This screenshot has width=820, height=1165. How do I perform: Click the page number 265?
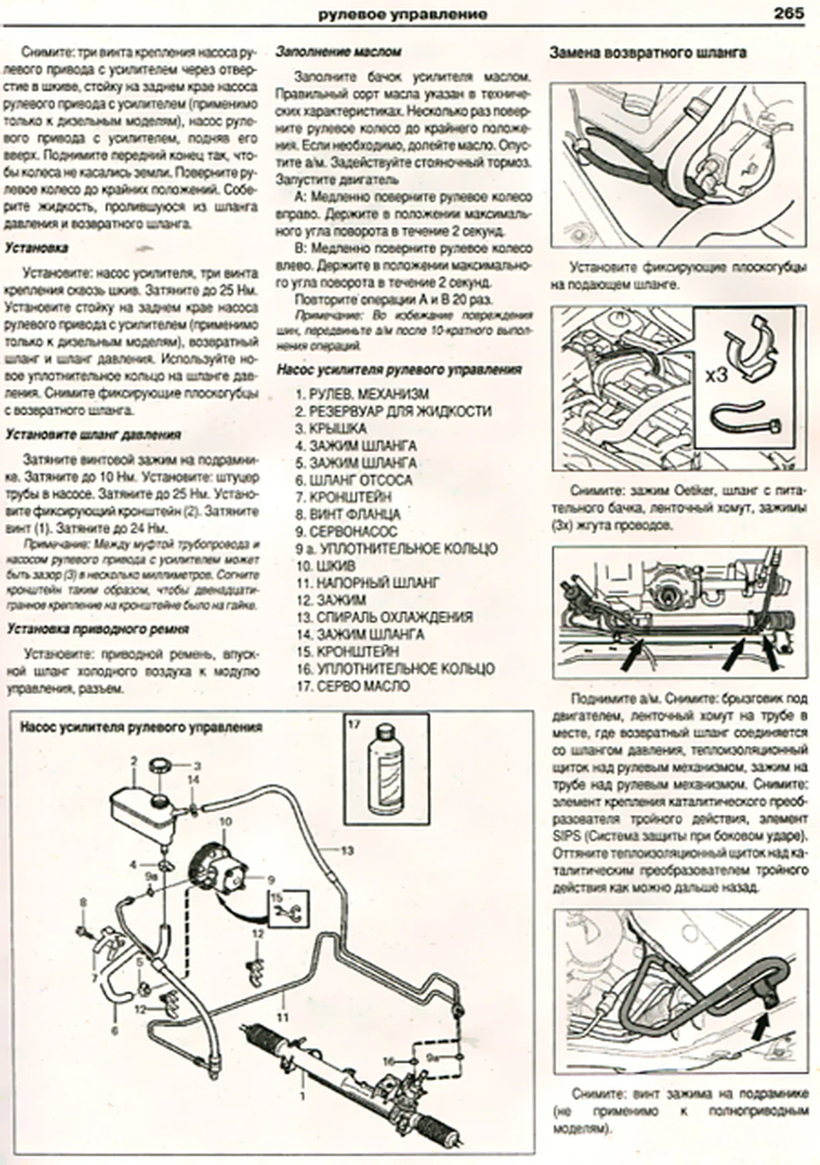(x=787, y=13)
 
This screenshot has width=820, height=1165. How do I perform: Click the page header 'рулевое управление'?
(x=402, y=14)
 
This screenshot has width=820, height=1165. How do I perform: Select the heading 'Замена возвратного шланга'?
(x=647, y=53)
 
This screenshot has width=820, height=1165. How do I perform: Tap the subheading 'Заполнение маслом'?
(x=339, y=52)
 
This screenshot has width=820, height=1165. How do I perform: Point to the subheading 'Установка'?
(x=37, y=248)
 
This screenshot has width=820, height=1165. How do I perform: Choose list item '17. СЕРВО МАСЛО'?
(x=353, y=686)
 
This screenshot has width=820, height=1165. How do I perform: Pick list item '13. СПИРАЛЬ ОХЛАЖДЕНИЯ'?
(x=384, y=617)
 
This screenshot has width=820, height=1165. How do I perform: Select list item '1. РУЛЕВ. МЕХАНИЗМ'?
(x=363, y=394)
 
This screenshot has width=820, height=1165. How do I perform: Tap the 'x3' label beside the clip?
(x=717, y=376)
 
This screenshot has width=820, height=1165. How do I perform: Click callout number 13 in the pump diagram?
(x=347, y=851)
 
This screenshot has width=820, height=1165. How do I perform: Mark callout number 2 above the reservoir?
(x=134, y=762)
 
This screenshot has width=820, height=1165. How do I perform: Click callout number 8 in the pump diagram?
(x=82, y=903)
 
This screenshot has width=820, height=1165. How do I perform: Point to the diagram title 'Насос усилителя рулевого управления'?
(x=141, y=727)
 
